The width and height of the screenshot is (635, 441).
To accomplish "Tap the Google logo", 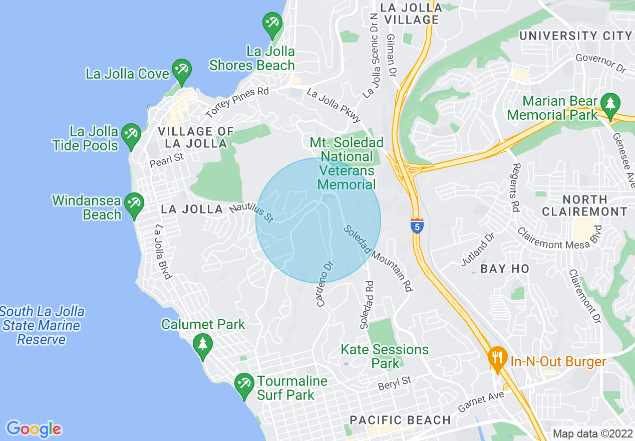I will pyautogui.click(x=34, y=429).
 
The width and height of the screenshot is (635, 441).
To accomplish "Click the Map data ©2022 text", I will pyautogui.click(x=592, y=433).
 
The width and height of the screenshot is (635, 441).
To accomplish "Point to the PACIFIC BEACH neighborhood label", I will pyautogui.click(x=400, y=420).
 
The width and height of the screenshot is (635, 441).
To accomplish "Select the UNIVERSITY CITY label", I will pyautogui.click(x=575, y=36).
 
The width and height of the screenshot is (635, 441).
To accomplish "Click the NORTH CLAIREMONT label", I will pyautogui.click(x=584, y=205).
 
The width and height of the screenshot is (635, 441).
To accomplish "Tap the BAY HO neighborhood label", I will pyautogui.click(x=504, y=269).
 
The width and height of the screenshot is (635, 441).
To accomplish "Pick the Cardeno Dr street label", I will pyautogui.click(x=324, y=283).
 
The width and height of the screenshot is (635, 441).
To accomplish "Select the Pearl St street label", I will pyautogui.click(x=167, y=160).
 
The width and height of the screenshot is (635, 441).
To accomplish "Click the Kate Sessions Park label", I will pyautogui.click(x=385, y=356).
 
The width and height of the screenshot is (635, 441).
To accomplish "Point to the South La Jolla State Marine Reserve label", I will pyautogui.click(x=42, y=325).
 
